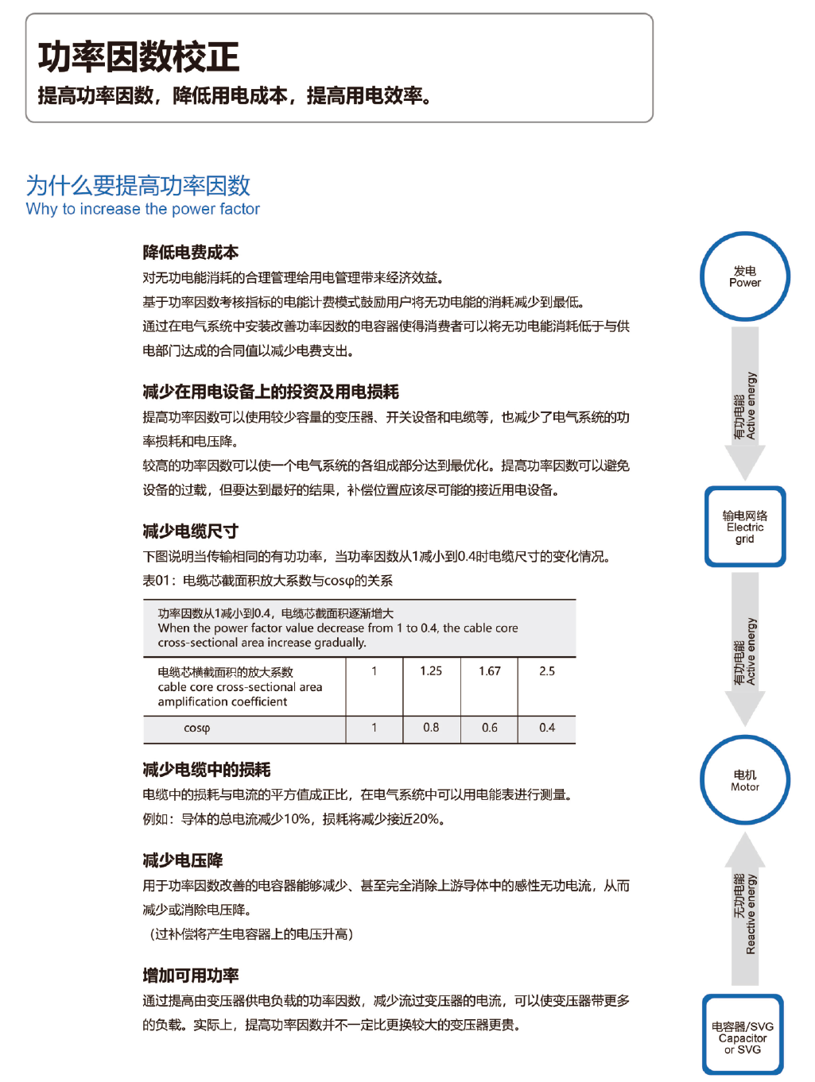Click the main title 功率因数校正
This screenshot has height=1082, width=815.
pos(138,57)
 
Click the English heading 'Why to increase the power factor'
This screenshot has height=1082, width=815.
pos(143,209)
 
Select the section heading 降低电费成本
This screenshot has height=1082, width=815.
pos(191,253)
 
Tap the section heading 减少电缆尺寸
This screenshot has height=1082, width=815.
pos(191,531)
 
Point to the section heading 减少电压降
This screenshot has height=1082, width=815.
pos(183,860)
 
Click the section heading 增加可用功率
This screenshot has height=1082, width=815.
pos(191,976)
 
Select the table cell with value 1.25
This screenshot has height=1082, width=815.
pos(431,671)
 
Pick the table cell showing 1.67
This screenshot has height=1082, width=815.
pos(490,671)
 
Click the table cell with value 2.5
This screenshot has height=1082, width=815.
pos(547,671)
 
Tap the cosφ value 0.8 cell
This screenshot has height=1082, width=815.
pos(431,728)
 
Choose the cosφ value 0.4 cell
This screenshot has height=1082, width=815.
pos(547,728)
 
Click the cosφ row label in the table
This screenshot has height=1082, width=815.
pos(197,728)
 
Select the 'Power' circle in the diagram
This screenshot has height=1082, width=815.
pos(745,276)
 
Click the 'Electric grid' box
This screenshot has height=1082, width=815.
pos(745,527)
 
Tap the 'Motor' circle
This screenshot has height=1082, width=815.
pos(745,780)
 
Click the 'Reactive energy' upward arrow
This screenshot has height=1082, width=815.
pos(745,910)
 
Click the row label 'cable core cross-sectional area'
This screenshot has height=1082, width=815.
pos(240,687)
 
